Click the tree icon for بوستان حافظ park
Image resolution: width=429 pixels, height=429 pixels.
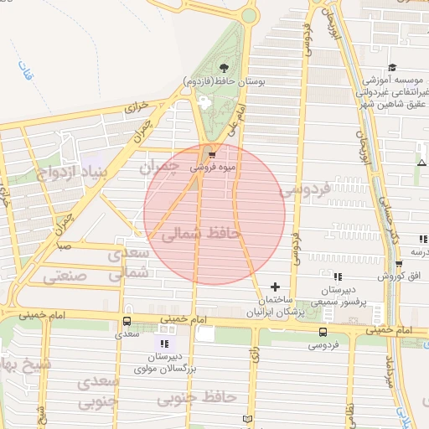(x=223, y=68)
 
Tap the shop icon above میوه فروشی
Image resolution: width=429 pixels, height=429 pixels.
(x=211, y=154)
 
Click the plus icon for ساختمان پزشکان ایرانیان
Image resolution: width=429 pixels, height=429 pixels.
(x=275, y=287)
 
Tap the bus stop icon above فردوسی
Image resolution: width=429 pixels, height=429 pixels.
(x=323, y=332)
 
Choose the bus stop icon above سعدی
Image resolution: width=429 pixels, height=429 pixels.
(x=127, y=321)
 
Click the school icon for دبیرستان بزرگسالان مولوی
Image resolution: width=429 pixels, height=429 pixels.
(x=164, y=344)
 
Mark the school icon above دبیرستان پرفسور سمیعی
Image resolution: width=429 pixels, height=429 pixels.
(x=338, y=276)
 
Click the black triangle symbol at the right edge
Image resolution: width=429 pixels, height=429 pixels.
(x=421, y=162)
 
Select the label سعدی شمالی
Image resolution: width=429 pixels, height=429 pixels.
(x=139, y=263)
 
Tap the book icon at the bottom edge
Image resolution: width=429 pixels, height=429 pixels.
(x=246, y=418)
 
